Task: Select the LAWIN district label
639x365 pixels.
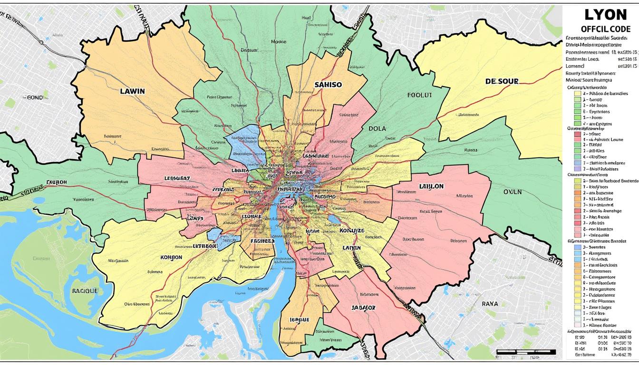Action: coord(133,90)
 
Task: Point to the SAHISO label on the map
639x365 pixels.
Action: coord(328,85)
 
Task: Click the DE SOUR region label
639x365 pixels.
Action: coord(502,81)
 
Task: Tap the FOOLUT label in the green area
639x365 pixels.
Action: coord(420,95)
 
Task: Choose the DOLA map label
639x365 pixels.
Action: coord(377,128)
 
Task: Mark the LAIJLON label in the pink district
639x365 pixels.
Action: coord(431,186)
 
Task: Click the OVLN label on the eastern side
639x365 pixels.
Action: coord(513,192)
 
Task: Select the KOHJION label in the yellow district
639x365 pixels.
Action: coord(171,257)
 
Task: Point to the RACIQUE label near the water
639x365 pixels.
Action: coord(85,290)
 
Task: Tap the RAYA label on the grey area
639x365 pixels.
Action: coord(490,303)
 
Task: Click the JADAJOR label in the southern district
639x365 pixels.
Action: coord(363,307)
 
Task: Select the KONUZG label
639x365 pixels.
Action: coord(352,231)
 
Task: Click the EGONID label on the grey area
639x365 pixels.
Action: coord(33,97)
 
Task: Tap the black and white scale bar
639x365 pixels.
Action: coord(525,352)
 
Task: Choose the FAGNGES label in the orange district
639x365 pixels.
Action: coord(262,241)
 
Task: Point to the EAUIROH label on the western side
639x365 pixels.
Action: coord(57,182)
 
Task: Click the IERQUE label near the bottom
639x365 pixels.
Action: coord(300,320)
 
